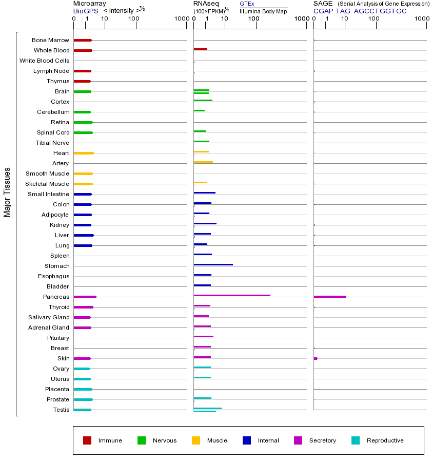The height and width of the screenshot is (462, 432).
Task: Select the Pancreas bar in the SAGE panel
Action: coord(329,297)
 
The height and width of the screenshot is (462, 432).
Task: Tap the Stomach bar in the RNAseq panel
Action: coord(213,264)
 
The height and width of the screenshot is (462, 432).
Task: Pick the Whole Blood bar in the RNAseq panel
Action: coord(200,49)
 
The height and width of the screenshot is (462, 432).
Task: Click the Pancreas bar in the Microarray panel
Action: coord(85,297)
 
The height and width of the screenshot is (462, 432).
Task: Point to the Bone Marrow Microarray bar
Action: coord(83,40)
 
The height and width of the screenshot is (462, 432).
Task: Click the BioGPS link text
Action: coord(84,11)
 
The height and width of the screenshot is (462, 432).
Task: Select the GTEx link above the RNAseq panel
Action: coord(247,4)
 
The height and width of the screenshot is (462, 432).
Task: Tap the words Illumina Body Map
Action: coord(263,11)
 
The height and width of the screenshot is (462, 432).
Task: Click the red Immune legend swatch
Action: coord(87,440)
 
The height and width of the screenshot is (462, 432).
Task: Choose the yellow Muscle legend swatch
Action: coord(196,440)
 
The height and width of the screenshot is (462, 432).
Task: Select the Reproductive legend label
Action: coord(385,440)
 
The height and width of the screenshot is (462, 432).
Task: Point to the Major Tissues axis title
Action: coord(7,192)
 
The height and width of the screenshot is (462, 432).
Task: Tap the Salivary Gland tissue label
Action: coord(49,317)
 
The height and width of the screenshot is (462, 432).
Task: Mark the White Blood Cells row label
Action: coord(44,61)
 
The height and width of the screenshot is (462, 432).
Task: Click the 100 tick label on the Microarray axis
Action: coord(134,19)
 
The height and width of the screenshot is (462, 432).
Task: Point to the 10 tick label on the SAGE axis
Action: coord(345,19)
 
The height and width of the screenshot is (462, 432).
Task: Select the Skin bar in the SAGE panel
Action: coord(316,358)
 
